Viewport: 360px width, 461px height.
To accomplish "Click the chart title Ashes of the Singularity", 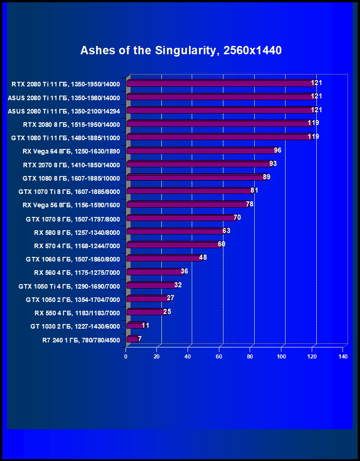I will pos(181,51).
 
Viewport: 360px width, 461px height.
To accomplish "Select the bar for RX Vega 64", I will pos(200,151).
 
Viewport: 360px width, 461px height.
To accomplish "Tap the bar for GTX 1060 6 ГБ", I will pos(163,258).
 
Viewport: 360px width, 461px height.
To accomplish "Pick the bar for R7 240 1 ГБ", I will pos(131,339).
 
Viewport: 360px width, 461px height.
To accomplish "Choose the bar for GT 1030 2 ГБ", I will pos(135,326).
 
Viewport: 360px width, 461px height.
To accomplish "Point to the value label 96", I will pos(277,150).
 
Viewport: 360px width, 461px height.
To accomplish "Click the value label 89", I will pos(266,177).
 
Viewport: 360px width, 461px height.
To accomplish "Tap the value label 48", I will pos(203,257).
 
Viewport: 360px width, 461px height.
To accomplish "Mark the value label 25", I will pos(167,311).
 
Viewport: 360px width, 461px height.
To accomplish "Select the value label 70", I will pos(237,217).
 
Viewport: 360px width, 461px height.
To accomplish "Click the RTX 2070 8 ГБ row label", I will pos(71,165).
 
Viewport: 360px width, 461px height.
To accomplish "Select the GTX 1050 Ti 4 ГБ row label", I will pos(69,286).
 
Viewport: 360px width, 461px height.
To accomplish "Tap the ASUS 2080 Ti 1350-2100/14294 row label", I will pos(63,111).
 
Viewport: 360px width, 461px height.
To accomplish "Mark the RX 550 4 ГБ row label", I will pos(77,313).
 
